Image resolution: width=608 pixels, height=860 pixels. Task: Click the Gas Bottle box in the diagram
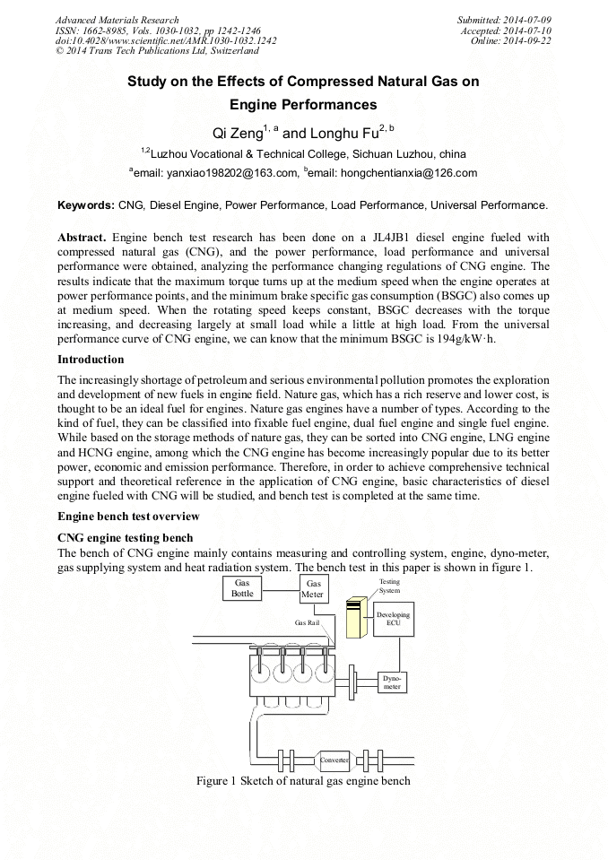pyautogui.click(x=243, y=587)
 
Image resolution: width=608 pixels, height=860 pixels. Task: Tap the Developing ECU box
pyautogui.click(x=393, y=619)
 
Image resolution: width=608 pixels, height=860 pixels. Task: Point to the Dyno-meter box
pyautogui.click(x=392, y=683)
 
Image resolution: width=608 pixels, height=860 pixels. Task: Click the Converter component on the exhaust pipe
pyautogui.click(x=334, y=760)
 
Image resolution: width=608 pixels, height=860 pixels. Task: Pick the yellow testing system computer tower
pyautogui.click(x=357, y=618)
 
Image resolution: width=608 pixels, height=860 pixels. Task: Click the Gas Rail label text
pyautogui.click(x=308, y=621)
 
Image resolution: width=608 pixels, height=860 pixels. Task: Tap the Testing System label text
pyautogui.click(x=364, y=586)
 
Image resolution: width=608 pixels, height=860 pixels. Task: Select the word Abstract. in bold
pyautogui.click(x=83, y=238)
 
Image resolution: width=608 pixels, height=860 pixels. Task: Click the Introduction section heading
pyautogui.click(x=91, y=360)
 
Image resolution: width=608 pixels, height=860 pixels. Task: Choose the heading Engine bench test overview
pyautogui.click(x=128, y=517)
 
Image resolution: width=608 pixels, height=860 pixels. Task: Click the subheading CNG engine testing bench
pyautogui.click(x=125, y=538)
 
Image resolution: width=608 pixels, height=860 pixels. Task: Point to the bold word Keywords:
pyautogui.click(x=86, y=205)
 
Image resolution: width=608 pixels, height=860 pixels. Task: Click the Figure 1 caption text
pyautogui.click(x=303, y=780)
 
